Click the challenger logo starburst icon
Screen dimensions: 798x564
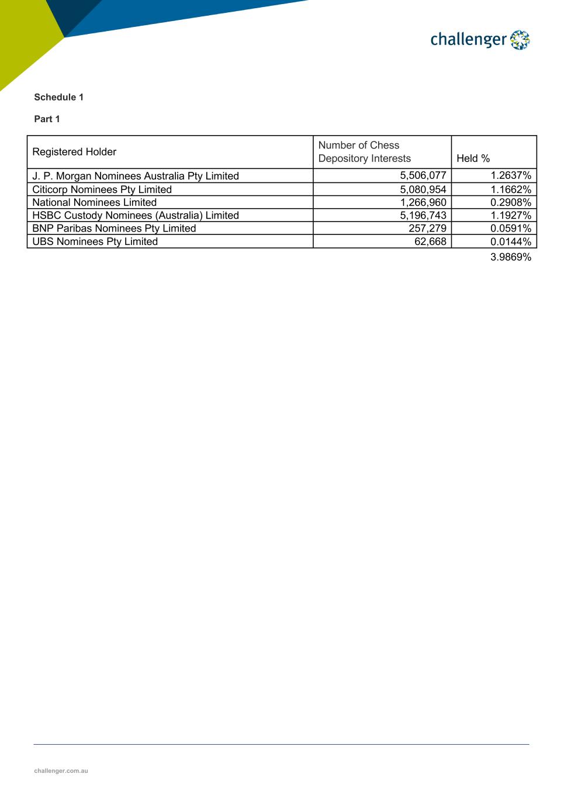[x=520, y=40]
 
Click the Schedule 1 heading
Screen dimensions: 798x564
[x=58, y=97]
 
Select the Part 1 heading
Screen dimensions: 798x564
[x=47, y=119]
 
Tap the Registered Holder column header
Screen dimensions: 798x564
[x=74, y=152]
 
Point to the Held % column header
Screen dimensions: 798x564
[x=473, y=158]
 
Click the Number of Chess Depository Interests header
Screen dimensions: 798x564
[x=364, y=152]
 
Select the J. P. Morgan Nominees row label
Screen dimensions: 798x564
[x=136, y=176]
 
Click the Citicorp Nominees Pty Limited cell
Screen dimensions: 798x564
[x=102, y=189]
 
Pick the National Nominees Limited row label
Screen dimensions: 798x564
[x=94, y=202]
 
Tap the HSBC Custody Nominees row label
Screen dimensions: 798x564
[x=136, y=215]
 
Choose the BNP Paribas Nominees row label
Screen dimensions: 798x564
[x=114, y=228]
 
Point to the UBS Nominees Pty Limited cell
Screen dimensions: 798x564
[x=95, y=241]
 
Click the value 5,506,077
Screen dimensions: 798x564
[x=423, y=175]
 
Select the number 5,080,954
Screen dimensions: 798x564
[x=423, y=189]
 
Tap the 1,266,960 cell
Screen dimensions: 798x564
[x=423, y=202]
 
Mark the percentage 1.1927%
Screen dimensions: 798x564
[x=511, y=215]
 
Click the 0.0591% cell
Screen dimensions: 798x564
[x=511, y=228]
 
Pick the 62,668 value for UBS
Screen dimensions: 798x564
[x=430, y=241]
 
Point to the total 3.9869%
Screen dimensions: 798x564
[x=511, y=257]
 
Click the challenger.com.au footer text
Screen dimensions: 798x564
[x=61, y=771]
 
